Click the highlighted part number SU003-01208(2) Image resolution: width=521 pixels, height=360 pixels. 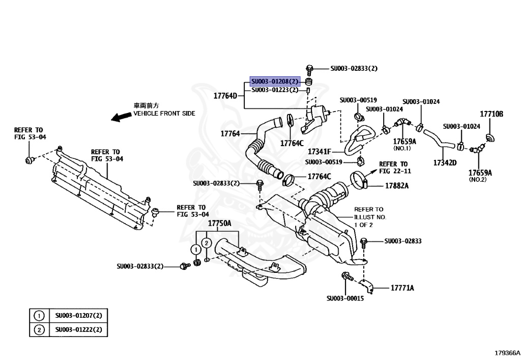click(275, 81)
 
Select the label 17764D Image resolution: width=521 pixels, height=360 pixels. click(225, 95)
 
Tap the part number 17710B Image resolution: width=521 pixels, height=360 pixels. click(491, 114)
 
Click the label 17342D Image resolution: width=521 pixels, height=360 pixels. click(445, 163)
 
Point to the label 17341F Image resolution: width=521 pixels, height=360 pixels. click(320, 152)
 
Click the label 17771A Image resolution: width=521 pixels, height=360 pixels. click(402, 288)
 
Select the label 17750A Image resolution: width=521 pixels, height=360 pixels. click(219, 224)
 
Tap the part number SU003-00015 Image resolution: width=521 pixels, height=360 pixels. click(345, 298)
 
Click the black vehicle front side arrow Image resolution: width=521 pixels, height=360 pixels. click(122, 117)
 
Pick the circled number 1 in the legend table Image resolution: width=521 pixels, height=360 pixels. click(39, 316)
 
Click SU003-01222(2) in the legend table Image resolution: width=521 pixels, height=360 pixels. click(79, 330)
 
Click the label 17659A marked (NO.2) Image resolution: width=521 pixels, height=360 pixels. click(480, 173)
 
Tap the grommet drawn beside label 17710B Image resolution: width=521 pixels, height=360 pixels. click(490, 137)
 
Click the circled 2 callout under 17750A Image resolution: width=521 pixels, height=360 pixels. click(206, 243)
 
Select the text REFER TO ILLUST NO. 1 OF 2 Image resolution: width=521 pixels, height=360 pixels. click(370, 217)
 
